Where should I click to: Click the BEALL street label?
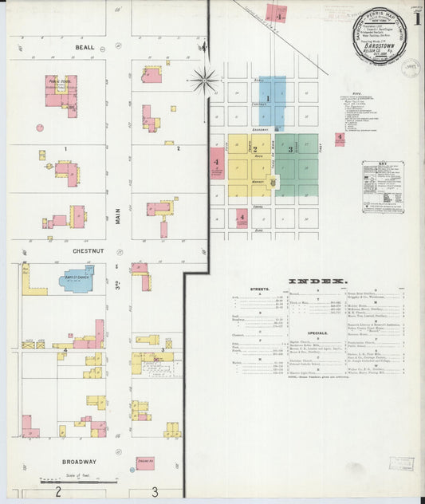(x=85, y=48)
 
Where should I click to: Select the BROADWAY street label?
(x=79, y=462)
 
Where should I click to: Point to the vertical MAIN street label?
(x=116, y=211)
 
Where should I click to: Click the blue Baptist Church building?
(x=77, y=279)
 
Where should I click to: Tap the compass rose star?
(x=205, y=80)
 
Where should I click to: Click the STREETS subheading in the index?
(x=258, y=290)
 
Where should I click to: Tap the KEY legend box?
(x=383, y=187)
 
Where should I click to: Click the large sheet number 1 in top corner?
(x=417, y=20)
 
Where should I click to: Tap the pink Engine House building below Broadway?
(x=145, y=463)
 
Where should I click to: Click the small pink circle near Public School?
(x=39, y=127)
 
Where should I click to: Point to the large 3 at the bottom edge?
(x=155, y=492)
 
